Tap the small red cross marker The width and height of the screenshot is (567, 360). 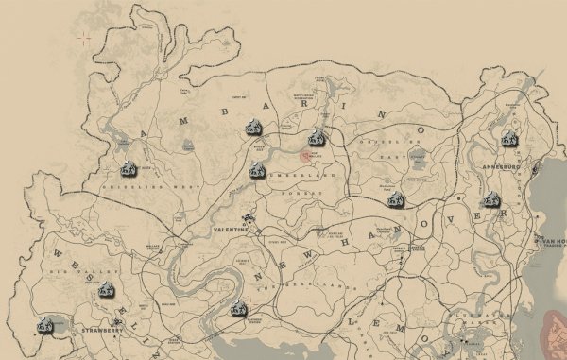click(x=86, y=39)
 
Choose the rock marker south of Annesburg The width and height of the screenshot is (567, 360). click(x=490, y=198)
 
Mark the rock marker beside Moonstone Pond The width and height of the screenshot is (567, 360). click(x=397, y=198)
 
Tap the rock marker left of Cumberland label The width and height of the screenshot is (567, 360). click(x=255, y=171)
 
